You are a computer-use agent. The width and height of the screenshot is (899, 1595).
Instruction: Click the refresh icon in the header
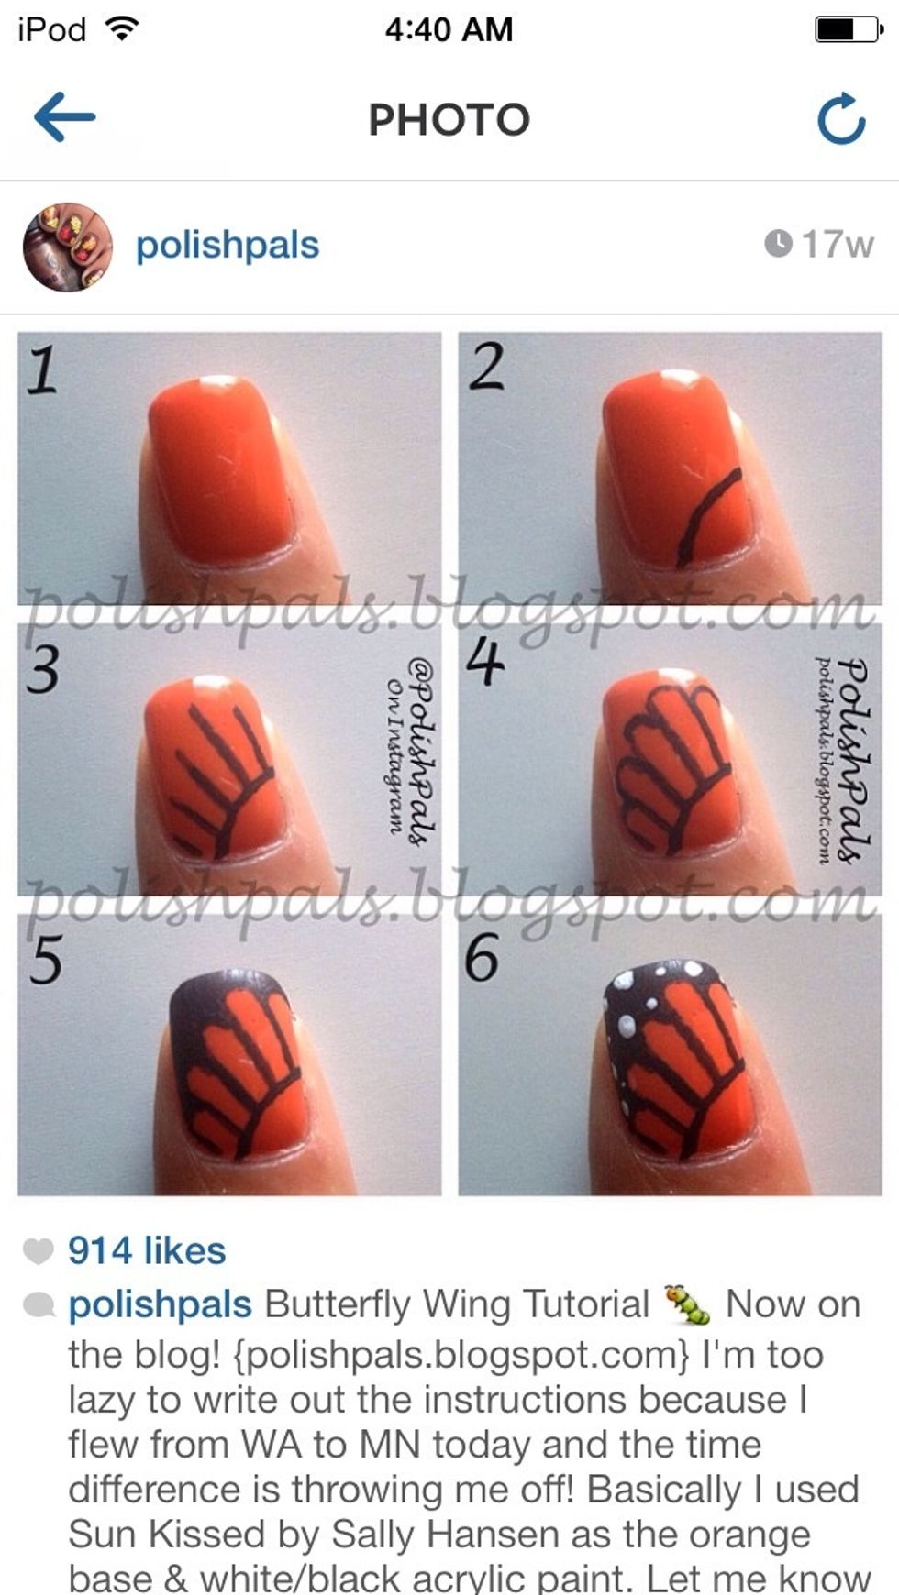(841, 119)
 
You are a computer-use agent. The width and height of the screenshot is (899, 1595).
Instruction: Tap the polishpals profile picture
(67, 247)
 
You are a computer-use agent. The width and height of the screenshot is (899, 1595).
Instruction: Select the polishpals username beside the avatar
(228, 246)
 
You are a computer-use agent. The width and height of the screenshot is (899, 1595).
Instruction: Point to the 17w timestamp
(818, 244)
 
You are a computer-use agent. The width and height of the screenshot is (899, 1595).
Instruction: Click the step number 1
(41, 371)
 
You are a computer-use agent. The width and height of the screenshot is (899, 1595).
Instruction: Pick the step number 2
(486, 366)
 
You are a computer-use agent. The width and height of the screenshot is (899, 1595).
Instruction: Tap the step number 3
(42, 667)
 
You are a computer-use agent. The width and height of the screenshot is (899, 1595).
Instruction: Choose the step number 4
(485, 662)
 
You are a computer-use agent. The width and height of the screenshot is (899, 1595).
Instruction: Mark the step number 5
(46, 960)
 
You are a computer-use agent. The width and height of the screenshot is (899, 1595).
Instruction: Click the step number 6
(482, 958)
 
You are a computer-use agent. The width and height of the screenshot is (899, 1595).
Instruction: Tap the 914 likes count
(147, 1250)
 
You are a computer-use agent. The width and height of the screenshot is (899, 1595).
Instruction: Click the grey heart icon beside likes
(38, 1250)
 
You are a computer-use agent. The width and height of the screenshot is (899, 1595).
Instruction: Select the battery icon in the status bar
(849, 29)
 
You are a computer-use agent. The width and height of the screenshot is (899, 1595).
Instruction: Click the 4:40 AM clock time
(449, 29)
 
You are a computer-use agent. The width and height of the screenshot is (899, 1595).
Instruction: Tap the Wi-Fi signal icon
(121, 28)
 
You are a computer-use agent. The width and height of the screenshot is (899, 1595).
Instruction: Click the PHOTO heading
(449, 119)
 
